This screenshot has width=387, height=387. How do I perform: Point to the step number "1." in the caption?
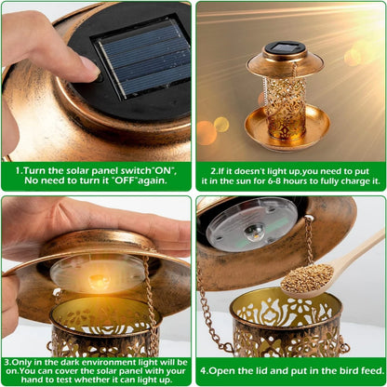[20, 171]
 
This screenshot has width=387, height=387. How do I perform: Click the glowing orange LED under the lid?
[98, 276]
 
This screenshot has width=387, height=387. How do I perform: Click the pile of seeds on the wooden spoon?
[308, 276]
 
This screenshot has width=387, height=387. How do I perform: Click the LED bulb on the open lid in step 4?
[252, 232]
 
